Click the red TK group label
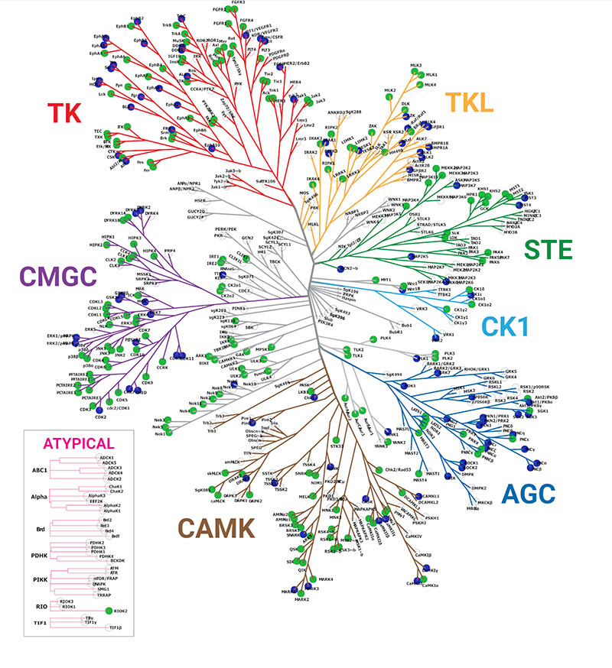click(67, 112)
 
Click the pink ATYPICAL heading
click(79, 443)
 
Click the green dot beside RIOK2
click(109, 610)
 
